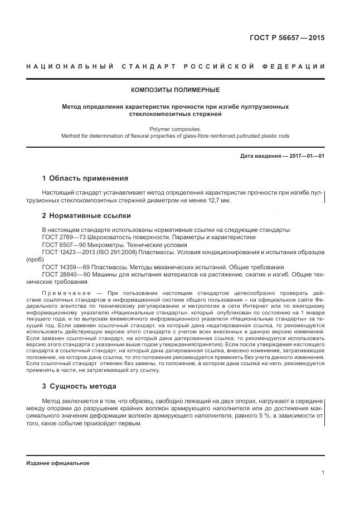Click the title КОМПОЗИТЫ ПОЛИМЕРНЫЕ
pos(175,90)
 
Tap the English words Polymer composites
pos(175,128)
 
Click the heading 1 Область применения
pos(85,178)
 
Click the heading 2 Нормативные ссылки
pos(86,215)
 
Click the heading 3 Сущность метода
pos(79,386)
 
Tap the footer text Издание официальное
pos(58,463)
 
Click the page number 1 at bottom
pos(323,473)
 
